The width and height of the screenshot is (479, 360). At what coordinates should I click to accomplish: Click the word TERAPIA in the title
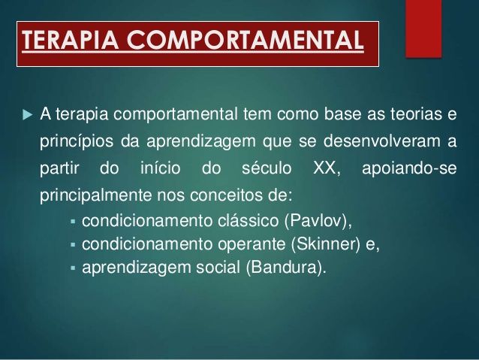[x=70, y=39]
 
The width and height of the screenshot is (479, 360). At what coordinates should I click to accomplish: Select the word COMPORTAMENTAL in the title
[x=245, y=39]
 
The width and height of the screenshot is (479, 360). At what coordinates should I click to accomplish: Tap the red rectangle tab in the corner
[x=423, y=29]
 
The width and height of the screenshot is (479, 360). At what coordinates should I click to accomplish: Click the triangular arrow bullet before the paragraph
[x=28, y=115]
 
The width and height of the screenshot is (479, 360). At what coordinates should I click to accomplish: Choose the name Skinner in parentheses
[x=326, y=244]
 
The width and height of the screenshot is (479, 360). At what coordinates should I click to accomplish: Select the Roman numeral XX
[x=324, y=168]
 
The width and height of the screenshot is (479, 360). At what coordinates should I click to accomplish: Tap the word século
[x=267, y=168]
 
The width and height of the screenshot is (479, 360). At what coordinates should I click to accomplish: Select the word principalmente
[x=95, y=195]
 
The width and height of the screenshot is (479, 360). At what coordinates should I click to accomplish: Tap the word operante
[x=252, y=245]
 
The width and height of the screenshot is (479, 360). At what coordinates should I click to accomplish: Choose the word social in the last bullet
[x=218, y=267]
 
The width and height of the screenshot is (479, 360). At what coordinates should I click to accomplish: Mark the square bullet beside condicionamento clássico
[x=73, y=221]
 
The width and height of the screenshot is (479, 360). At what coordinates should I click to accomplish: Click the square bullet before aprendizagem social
[x=73, y=268]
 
